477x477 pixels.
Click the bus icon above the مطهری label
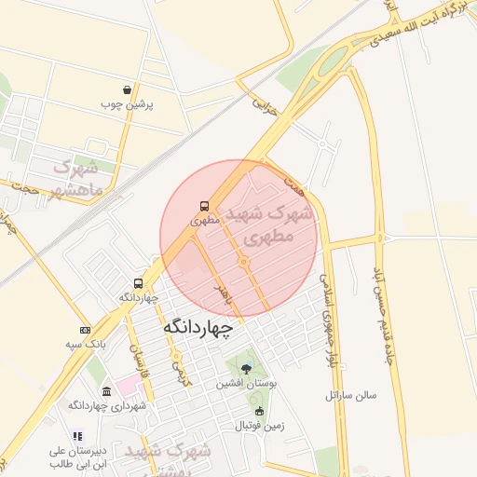coord(203,207)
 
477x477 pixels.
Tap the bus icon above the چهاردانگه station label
coord(139,283)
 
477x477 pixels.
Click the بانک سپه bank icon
coord(86,331)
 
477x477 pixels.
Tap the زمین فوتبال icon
coord(259,411)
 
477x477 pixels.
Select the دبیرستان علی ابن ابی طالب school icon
coord(77,435)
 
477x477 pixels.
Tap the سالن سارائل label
coord(351,395)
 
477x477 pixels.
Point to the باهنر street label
coord(223,296)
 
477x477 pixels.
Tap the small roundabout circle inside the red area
coord(244,264)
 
